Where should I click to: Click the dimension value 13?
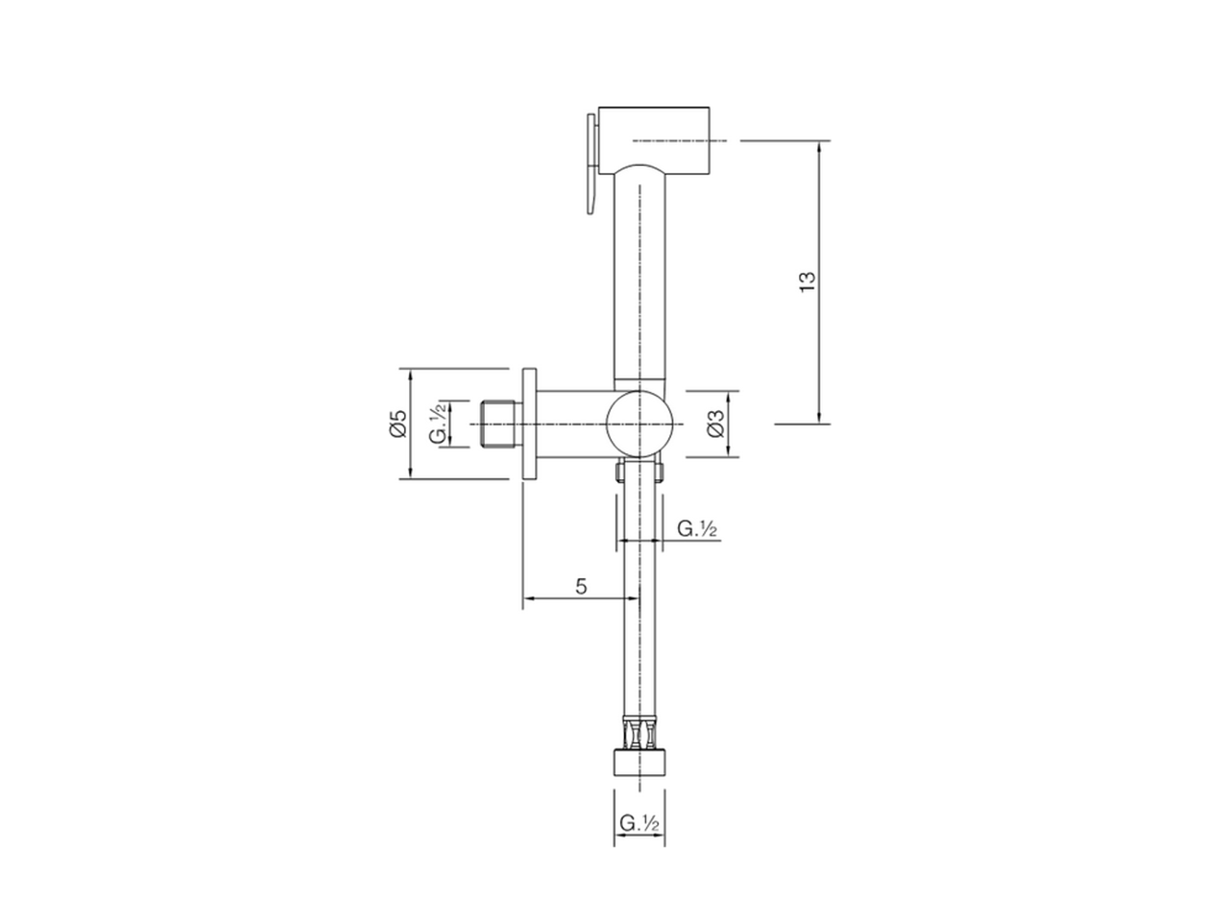click(807, 279)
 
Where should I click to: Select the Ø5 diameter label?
click(398, 424)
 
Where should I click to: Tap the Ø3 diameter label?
click(713, 425)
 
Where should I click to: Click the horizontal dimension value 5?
click(582, 587)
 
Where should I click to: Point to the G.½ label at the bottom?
click(639, 823)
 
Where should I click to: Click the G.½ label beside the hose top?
click(699, 528)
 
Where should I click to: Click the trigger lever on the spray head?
click(587, 163)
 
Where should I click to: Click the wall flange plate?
click(529, 424)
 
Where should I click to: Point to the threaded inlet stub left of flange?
click(498, 424)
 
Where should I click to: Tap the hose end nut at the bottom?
click(639, 764)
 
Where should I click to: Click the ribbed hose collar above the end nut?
click(639, 735)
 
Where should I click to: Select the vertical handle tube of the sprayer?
click(639, 279)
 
